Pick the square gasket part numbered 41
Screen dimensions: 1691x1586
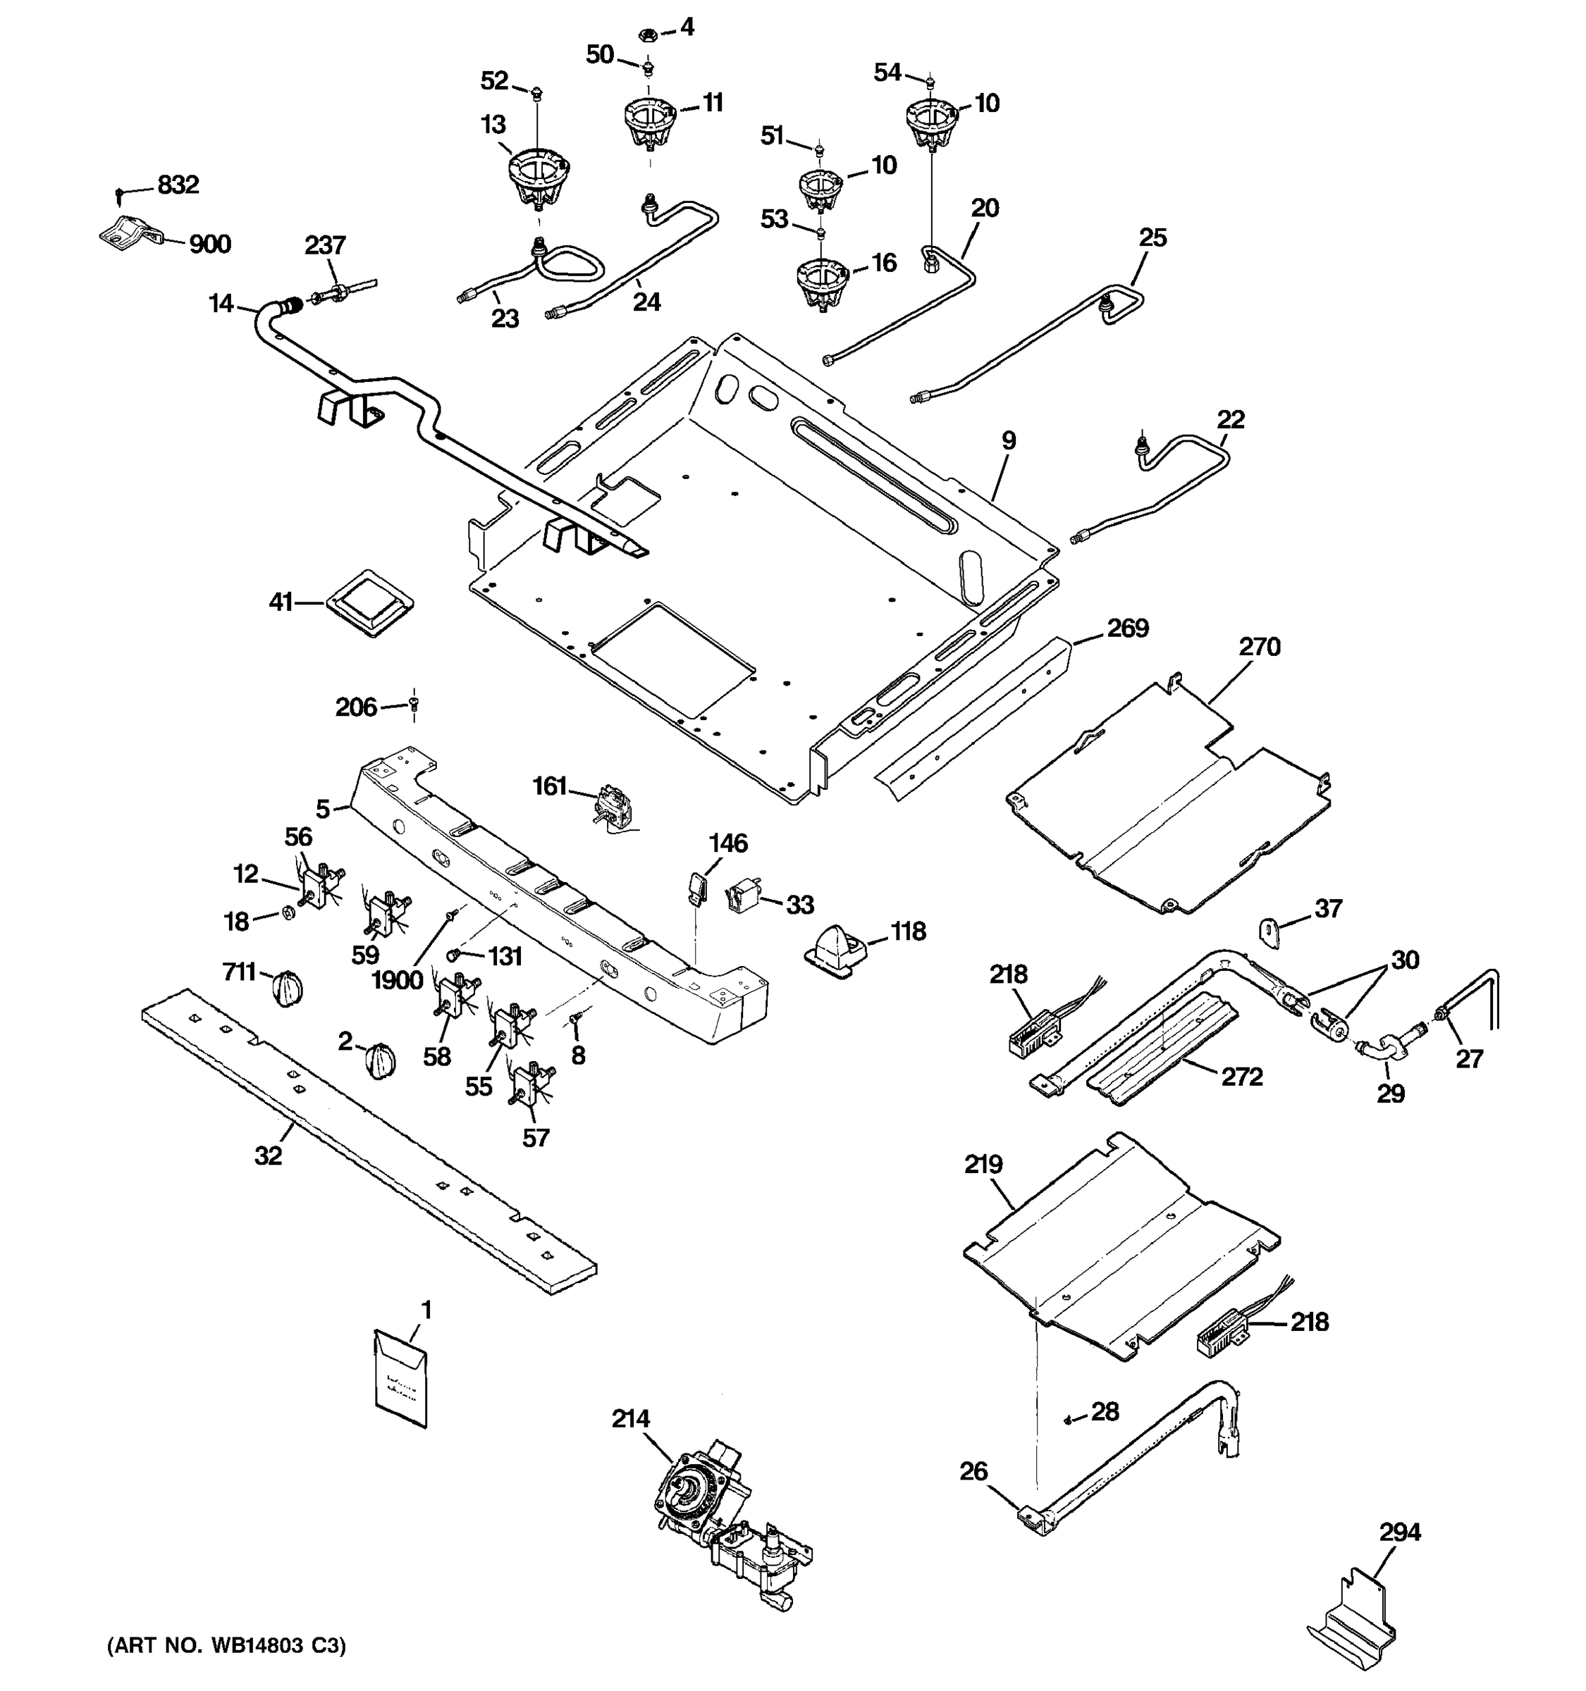pyautogui.click(x=369, y=602)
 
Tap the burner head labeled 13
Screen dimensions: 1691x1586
pyautogui.click(x=538, y=180)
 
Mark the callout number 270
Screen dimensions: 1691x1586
pyautogui.click(x=1259, y=648)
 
